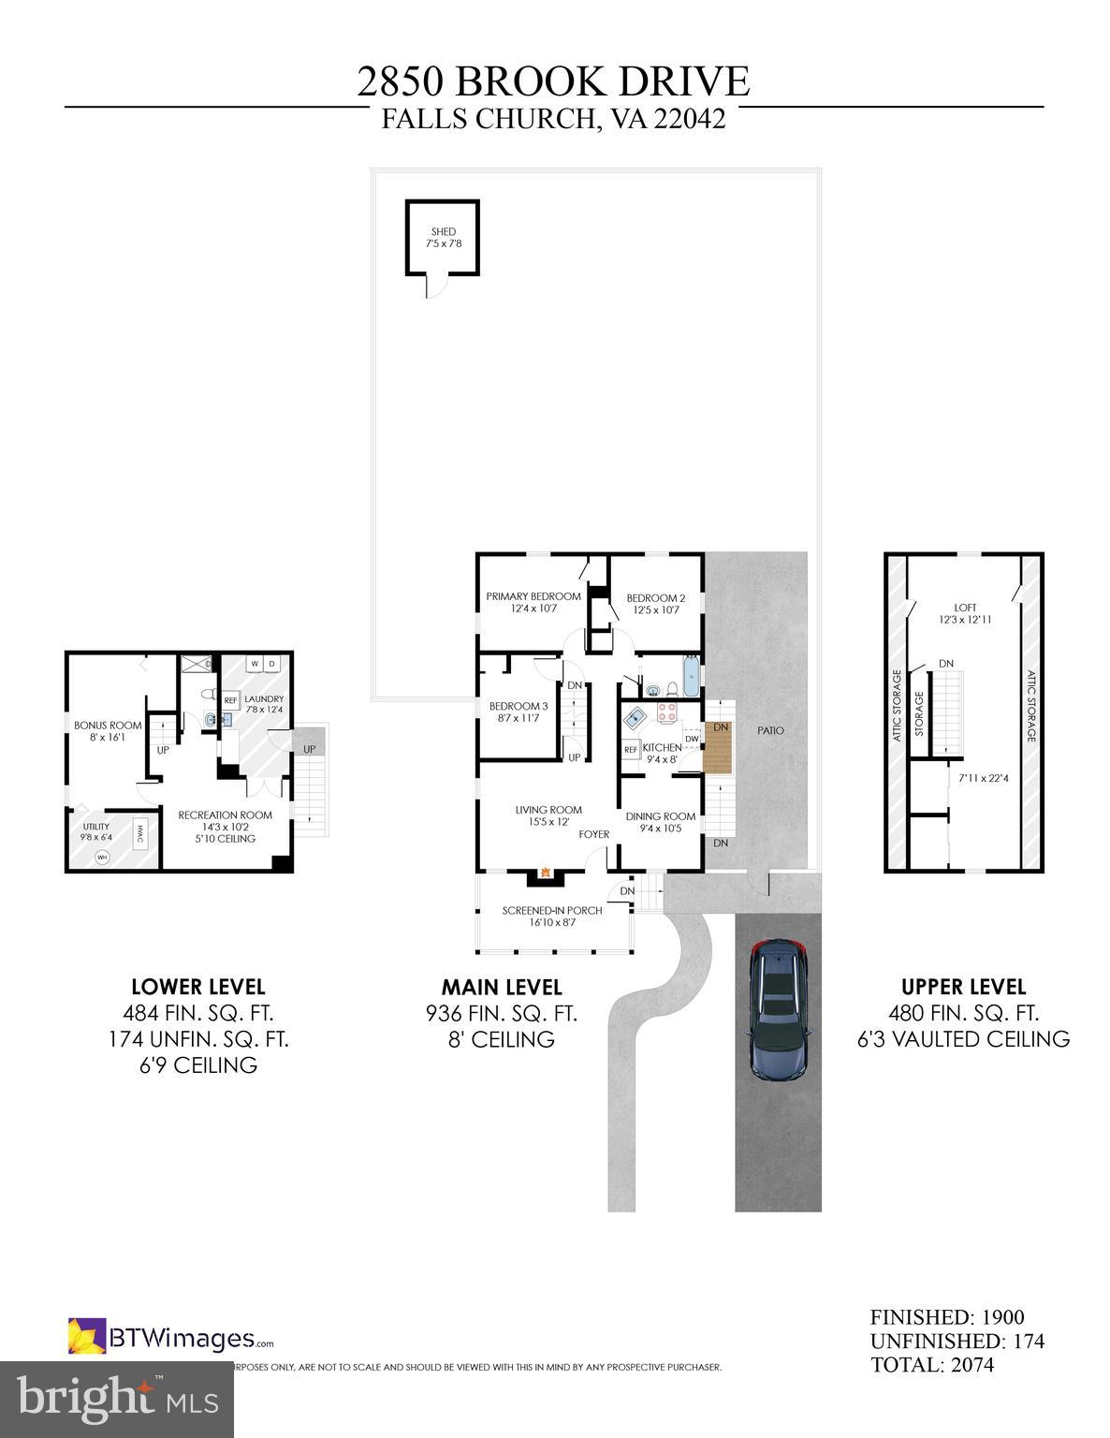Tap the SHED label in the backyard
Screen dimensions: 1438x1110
[x=443, y=231]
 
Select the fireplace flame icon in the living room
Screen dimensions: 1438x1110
[x=543, y=875]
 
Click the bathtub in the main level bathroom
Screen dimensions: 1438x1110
[x=691, y=677]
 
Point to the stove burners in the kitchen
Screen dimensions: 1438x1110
[x=666, y=713]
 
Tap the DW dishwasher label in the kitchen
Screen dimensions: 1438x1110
[x=691, y=739]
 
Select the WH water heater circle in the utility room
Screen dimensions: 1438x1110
[x=103, y=857]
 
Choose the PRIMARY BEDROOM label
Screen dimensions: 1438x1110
[x=533, y=596]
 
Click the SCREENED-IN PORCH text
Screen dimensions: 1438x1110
[x=552, y=910]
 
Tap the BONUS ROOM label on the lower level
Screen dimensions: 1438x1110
[x=108, y=725]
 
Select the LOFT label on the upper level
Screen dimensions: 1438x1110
[x=964, y=608]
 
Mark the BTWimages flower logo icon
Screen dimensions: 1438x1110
[x=85, y=1336]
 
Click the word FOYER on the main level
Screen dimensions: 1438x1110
[x=593, y=834]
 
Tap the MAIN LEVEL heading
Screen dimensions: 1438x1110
[x=502, y=987]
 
